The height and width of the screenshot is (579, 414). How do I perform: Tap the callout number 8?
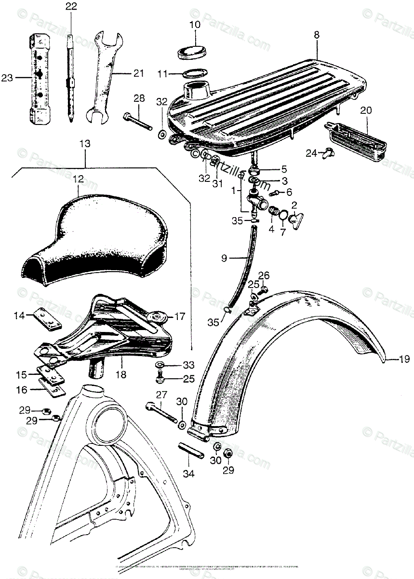pos(316,35)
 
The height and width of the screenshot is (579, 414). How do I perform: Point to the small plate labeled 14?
pos(47,318)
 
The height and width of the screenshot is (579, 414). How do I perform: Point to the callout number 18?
pos(120,375)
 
